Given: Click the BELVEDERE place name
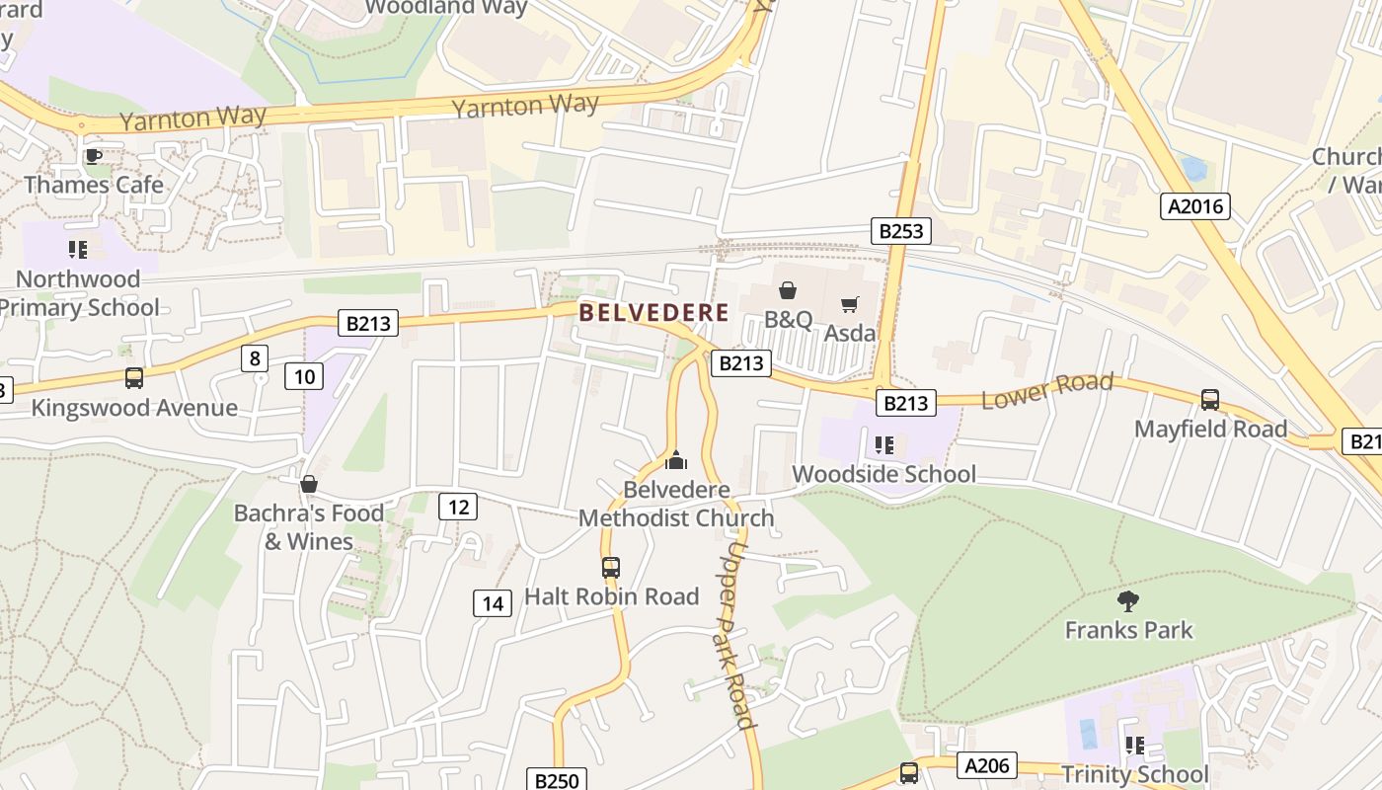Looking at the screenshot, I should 653,313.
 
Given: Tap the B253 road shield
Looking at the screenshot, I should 901,231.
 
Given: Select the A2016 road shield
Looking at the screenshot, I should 1194,206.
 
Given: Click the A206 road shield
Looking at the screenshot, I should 987,765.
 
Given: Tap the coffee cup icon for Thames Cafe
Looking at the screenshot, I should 93,156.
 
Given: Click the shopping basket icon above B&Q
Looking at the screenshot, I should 788,290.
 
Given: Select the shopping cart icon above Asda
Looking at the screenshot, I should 849,304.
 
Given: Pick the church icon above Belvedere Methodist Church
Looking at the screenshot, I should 676,460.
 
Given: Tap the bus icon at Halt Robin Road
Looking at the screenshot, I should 611,568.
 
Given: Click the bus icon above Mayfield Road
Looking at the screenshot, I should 1210,400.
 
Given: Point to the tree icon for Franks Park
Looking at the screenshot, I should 1128,600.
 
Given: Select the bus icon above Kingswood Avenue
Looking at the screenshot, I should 133,378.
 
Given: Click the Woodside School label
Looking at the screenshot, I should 883,474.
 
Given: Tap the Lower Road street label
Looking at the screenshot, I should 1046,390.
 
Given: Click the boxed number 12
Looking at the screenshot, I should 458,507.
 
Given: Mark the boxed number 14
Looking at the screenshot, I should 493,602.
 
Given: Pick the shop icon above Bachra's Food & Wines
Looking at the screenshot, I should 308,484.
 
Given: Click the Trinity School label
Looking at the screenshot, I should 1134,774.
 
